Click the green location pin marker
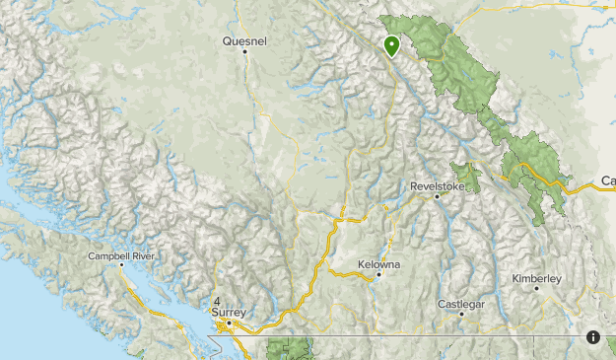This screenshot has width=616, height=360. [x=391, y=45]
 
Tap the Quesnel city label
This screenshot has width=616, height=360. [x=244, y=41]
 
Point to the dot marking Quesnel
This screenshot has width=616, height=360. [x=244, y=51]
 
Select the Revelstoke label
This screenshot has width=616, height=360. [x=437, y=185]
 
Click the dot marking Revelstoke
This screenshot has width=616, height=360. [x=437, y=196]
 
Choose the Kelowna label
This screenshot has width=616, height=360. [x=379, y=265]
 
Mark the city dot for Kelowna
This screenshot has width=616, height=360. [x=378, y=275]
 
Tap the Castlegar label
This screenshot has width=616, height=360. [x=461, y=304]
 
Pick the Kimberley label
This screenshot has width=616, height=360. [x=536, y=279]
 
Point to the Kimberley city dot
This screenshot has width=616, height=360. [x=536, y=289]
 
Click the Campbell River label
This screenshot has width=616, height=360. [x=121, y=255]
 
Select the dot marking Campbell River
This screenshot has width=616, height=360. [x=121, y=264]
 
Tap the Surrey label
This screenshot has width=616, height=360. [x=227, y=313]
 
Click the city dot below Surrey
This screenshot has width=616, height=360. [x=229, y=323]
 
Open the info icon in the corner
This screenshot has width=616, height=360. [x=593, y=337]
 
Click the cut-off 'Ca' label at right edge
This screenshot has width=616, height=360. [x=608, y=181]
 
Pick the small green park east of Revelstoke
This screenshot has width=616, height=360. [x=465, y=176]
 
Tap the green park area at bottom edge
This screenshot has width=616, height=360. [x=290, y=348]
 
